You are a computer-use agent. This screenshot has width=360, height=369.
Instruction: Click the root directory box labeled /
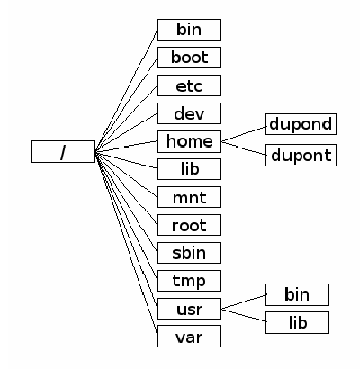pos(63,151)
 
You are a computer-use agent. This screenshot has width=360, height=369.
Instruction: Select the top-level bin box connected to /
pos(189,30)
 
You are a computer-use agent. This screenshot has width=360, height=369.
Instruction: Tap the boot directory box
pos(189,58)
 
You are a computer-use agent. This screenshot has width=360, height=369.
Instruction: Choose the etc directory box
pos(189,85)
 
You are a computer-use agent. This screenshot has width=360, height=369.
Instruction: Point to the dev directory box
pos(189,113)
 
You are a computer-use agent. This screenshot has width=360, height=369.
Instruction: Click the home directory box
pos(189,141)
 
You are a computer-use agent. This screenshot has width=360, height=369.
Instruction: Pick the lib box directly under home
pos(189,169)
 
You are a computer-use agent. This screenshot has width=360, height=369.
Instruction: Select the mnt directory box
pos(189,197)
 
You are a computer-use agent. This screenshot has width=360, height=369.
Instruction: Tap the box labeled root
pos(189,225)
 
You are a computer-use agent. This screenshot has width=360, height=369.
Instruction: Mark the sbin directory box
pos(189,253)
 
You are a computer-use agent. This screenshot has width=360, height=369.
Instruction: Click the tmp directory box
pos(189,281)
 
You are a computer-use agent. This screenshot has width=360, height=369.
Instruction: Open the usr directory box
pos(189,309)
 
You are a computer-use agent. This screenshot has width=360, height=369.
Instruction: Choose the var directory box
pos(189,337)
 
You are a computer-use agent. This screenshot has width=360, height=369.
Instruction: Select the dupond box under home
pos(301,124)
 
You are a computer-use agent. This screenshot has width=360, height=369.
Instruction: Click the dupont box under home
pos(301,155)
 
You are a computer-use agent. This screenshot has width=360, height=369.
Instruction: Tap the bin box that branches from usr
pos(297,293)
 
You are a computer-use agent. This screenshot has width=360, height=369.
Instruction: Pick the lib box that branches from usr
pos(297,322)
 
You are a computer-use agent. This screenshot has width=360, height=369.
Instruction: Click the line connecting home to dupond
pos(243,133)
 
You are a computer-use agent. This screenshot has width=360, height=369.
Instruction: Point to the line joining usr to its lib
pos(243,315)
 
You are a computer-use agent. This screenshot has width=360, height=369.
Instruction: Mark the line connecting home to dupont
pos(243,148)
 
